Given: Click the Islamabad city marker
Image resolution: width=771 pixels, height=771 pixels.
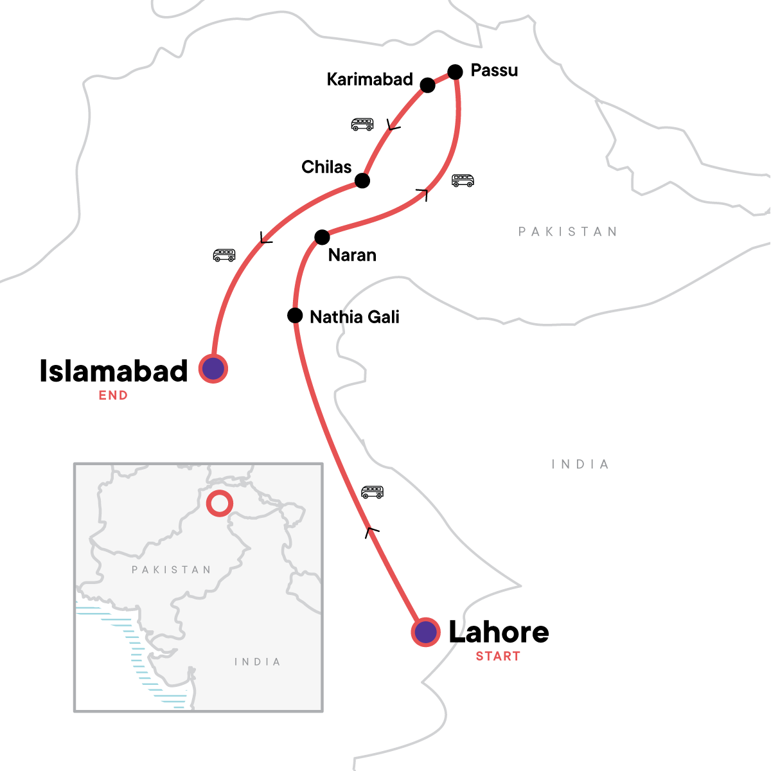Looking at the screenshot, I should [x=213, y=369].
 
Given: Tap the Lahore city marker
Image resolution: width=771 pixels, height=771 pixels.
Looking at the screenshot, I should [x=425, y=632].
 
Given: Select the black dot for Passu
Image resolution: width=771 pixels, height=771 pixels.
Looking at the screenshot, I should [x=455, y=72].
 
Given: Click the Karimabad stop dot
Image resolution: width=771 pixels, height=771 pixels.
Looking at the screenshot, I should [x=427, y=85].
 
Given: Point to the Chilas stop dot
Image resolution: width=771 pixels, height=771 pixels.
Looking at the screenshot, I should [x=362, y=181].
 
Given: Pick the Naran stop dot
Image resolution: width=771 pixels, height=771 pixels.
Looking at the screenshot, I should [x=322, y=237].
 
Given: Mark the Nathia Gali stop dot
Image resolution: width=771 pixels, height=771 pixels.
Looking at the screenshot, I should [x=295, y=315].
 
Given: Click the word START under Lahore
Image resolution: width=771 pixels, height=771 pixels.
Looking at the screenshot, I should [x=498, y=656].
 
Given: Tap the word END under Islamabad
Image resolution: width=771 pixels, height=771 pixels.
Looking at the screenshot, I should [x=113, y=396].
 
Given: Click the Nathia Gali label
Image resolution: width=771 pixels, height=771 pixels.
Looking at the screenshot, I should [x=355, y=317].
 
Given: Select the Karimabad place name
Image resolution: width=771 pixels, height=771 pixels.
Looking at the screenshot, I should [x=369, y=79].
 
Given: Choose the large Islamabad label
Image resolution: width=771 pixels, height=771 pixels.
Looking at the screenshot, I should [x=114, y=371].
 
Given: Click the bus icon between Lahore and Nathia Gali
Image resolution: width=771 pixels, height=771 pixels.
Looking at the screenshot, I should [x=372, y=492].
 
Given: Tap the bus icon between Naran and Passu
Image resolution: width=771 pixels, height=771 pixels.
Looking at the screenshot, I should [x=463, y=181].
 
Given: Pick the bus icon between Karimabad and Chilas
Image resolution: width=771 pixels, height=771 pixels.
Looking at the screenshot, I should [x=362, y=124].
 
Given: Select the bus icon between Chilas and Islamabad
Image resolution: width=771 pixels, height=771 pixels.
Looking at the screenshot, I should [x=224, y=255].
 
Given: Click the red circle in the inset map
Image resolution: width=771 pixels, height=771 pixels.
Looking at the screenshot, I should [x=220, y=503].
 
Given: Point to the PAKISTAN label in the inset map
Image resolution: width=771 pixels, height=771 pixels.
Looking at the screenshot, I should [x=171, y=570].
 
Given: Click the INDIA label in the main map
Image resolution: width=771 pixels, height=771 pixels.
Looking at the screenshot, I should [x=580, y=464].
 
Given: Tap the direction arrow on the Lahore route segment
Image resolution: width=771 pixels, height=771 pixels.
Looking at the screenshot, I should [x=371, y=531].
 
